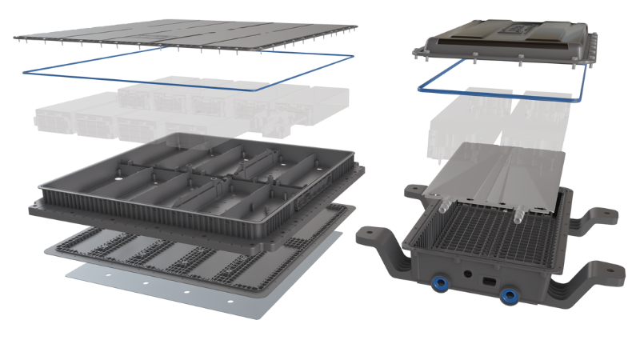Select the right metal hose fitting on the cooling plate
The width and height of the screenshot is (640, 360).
click(x=518, y=214)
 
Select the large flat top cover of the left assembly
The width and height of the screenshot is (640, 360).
click(x=184, y=32)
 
